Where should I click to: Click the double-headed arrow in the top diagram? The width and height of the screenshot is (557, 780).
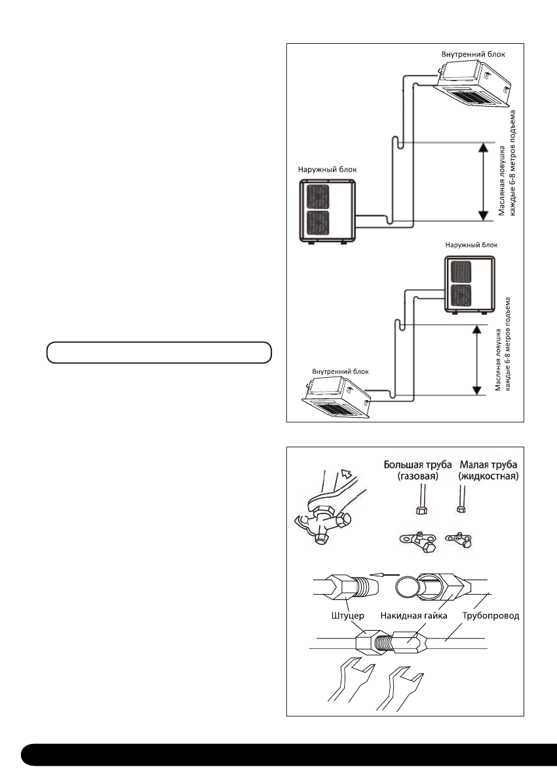point(482,181)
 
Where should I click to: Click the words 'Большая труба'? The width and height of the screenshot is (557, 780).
point(417,466)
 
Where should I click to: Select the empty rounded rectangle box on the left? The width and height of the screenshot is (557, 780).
point(159,352)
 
